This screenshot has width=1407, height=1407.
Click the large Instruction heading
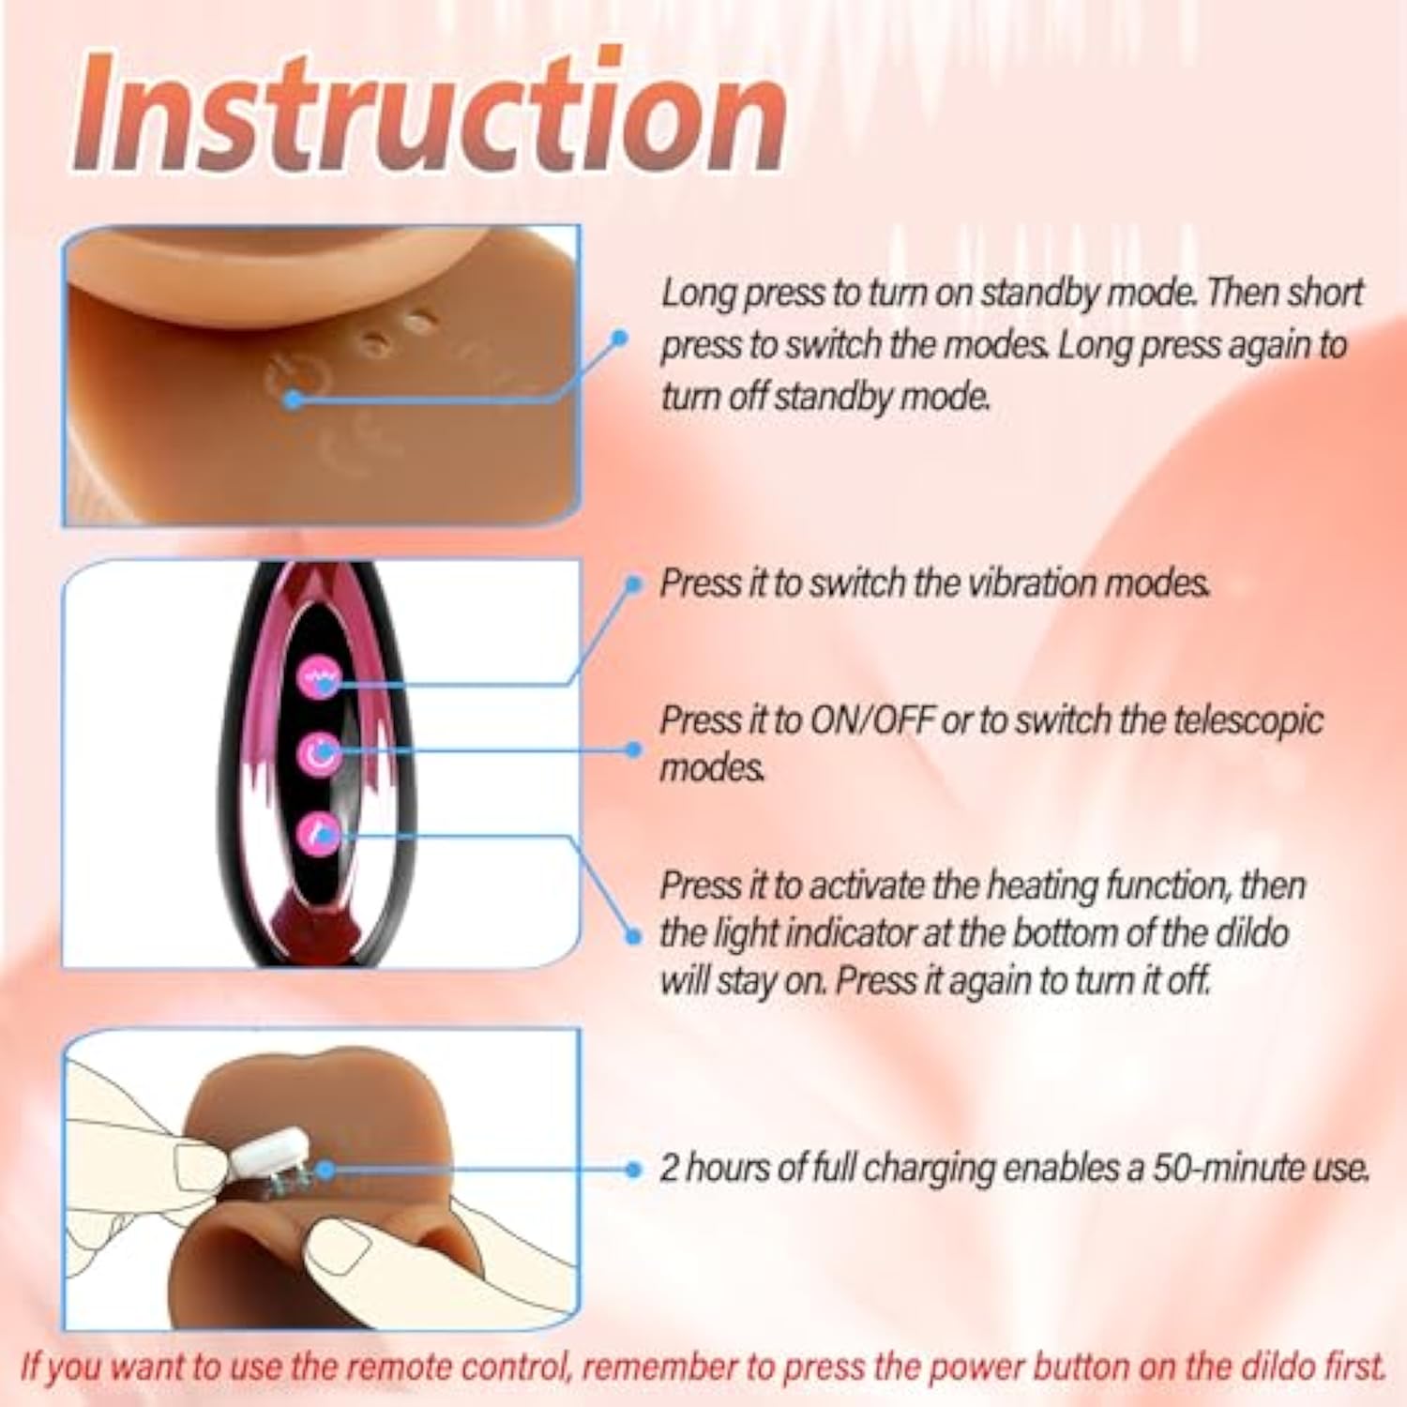click(430, 113)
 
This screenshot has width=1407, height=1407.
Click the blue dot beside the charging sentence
click(633, 1170)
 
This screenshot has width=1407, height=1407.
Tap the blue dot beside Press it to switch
click(633, 584)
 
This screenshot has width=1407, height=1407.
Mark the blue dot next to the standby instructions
click(619, 338)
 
